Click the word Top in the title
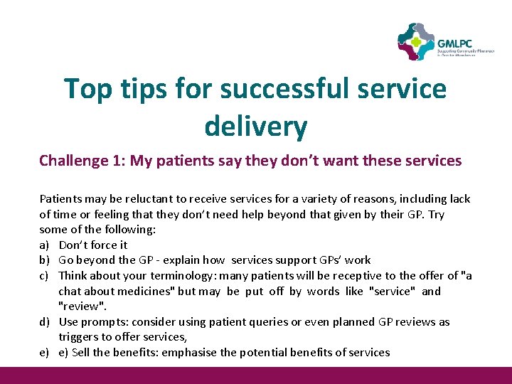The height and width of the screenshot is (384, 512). click(88, 89)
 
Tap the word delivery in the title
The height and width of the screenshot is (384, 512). click(255, 127)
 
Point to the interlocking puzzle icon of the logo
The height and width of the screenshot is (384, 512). click(416, 42)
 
